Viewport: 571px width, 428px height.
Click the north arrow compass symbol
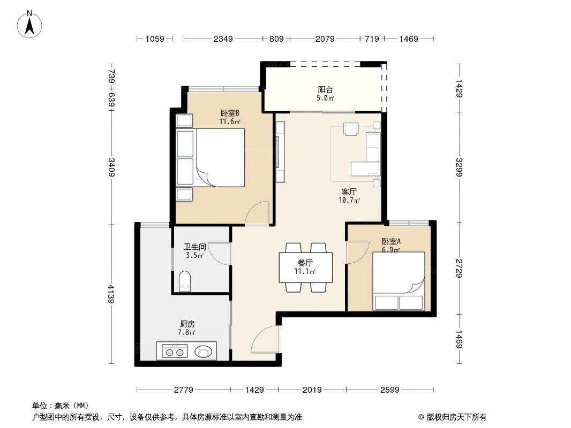coord(29,25)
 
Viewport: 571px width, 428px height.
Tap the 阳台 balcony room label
coord(325,89)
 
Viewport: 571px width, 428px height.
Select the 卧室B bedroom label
coord(230,113)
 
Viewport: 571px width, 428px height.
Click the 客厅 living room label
coord(349,192)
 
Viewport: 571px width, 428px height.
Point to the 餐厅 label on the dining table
coord(305,263)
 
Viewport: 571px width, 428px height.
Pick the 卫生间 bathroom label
coord(195,247)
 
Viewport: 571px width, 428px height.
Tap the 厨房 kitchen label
coord(187,324)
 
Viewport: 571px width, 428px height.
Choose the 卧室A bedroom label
coord(391,241)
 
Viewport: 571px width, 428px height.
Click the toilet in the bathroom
coord(185,281)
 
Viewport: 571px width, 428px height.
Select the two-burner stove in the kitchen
coord(175,352)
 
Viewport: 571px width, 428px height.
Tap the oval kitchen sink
coord(203,351)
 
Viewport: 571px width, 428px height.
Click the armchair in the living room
coord(351,129)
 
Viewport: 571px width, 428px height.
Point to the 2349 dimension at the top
coord(223,39)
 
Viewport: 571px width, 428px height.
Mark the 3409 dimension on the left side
coord(111,167)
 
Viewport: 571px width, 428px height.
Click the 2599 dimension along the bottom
coord(389,390)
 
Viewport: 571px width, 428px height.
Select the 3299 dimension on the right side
coord(459,167)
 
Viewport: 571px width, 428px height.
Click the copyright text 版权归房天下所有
coord(456,417)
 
